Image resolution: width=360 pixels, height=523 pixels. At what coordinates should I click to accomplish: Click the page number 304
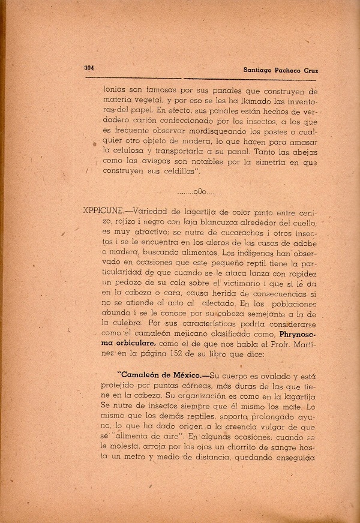click(x=91, y=68)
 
